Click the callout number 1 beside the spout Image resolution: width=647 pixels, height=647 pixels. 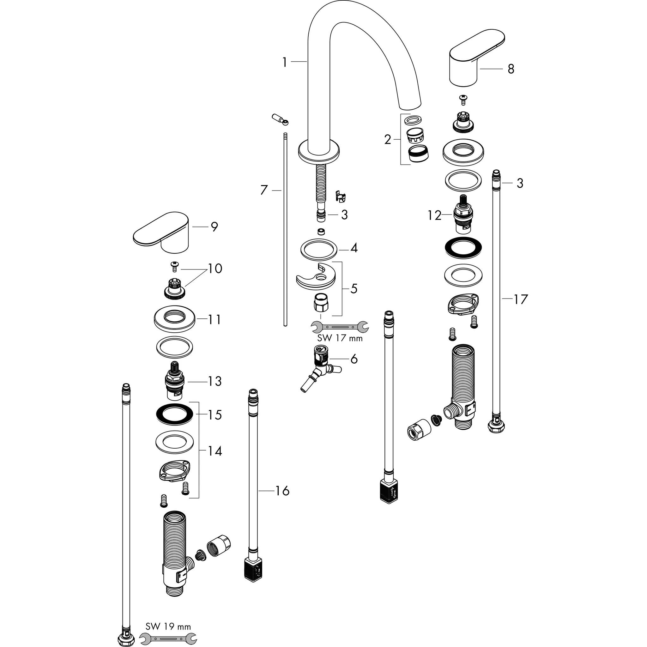[285, 62]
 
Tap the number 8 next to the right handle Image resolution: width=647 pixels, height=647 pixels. [511, 69]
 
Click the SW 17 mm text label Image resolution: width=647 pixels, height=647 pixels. [340, 338]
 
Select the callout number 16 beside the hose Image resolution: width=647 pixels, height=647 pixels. [282, 491]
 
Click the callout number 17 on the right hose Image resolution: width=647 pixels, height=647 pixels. [521, 299]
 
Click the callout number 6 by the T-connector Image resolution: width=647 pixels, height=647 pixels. [354, 359]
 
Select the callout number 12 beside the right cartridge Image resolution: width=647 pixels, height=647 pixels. [434, 216]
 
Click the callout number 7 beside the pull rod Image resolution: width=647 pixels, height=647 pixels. [264, 190]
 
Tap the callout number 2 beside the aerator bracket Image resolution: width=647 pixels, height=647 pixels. [387, 140]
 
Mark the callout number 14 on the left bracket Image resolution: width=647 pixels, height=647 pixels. [215, 451]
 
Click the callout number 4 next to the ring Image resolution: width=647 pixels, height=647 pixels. [354, 248]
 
